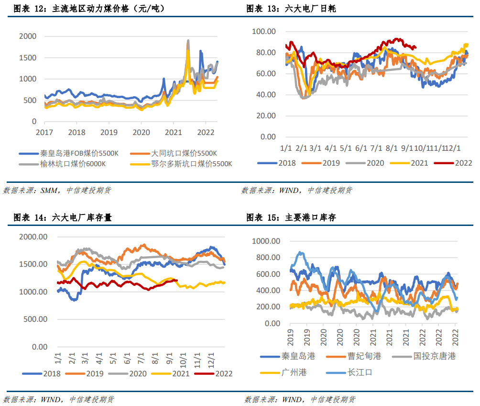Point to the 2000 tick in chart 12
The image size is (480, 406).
pyautogui.click(x=27, y=36)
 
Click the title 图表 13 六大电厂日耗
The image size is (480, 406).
pyautogui.click(x=291, y=9)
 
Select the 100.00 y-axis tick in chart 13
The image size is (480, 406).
pyautogui.click(x=264, y=32)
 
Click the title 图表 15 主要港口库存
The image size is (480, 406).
pyautogui.click(x=291, y=217)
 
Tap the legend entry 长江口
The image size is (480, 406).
pyautogui.click(x=359, y=372)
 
